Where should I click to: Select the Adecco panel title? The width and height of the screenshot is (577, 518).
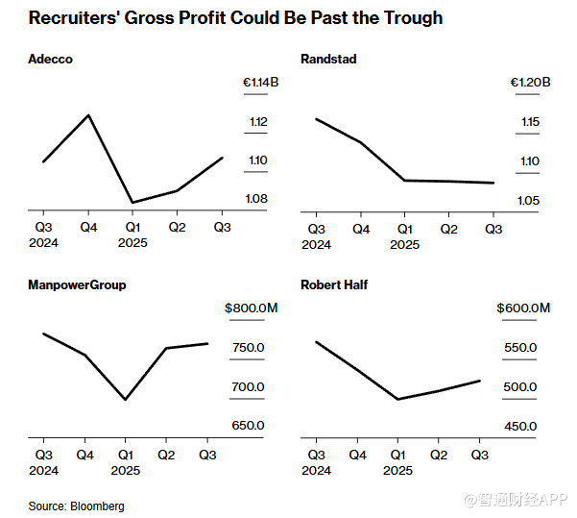click(x=50, y=60)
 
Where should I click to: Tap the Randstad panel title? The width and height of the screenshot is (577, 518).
click(x=328, y=60)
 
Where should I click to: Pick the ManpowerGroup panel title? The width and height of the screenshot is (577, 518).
click(x=78, y=284)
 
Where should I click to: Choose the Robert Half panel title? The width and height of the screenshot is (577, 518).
click(x=334, y=284)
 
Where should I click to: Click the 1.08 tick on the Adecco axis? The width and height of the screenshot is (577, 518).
click(x=255, y=199)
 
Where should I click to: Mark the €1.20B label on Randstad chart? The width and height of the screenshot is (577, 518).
click(x=531, y=84)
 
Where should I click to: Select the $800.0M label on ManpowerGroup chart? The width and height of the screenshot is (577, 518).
click(x=252, y=308)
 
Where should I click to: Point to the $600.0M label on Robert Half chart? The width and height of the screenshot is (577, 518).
click(x=523, y=308)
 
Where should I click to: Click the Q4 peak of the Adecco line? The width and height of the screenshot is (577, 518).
click(x=88, y=115)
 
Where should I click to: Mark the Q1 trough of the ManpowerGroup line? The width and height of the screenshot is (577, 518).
click(x=126, y=400)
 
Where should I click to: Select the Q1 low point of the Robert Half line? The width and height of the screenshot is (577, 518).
click(x=398, y=399)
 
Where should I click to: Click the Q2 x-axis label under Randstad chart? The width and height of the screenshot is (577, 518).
click(x=448, y=230)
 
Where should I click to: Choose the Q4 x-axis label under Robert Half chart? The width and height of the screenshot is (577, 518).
click(x=357, y=455)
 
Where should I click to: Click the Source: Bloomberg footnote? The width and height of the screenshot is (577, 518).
click(x=76, y=506)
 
